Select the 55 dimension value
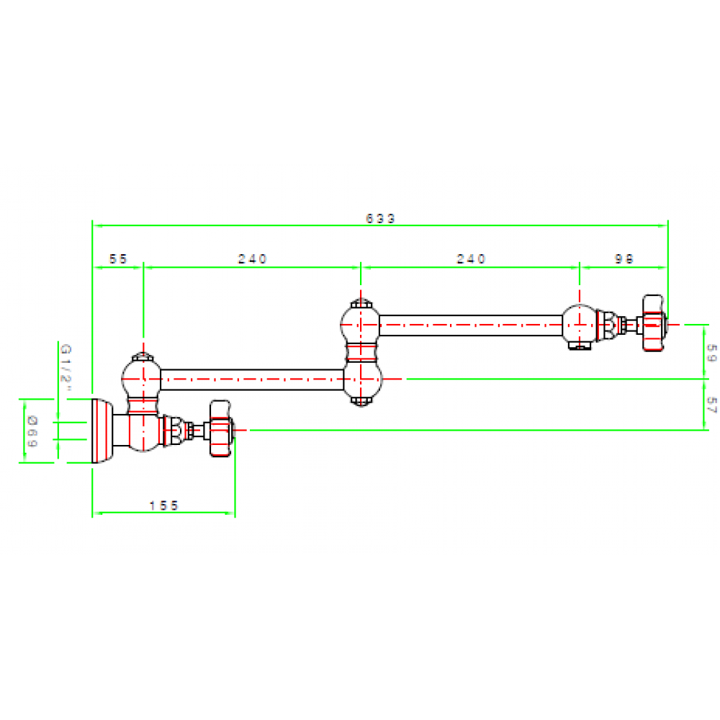pyautogui.click(x=117, y=258)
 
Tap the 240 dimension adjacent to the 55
pyautogui.click(x=253, y=258)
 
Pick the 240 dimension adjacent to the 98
pyautogui.click(x=472, y=258)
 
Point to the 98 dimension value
pyautogui.click(x=625, y=258)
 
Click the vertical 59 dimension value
pyautogui.click(x=711, y=352)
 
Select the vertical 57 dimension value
pyautogui.click(x=711, y=405)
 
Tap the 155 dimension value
pyautogui.click(x=163, y=505)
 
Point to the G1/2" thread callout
pyautogui.click(x=66, y=367)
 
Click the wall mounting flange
pyautogui.click(x=101, y=430)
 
